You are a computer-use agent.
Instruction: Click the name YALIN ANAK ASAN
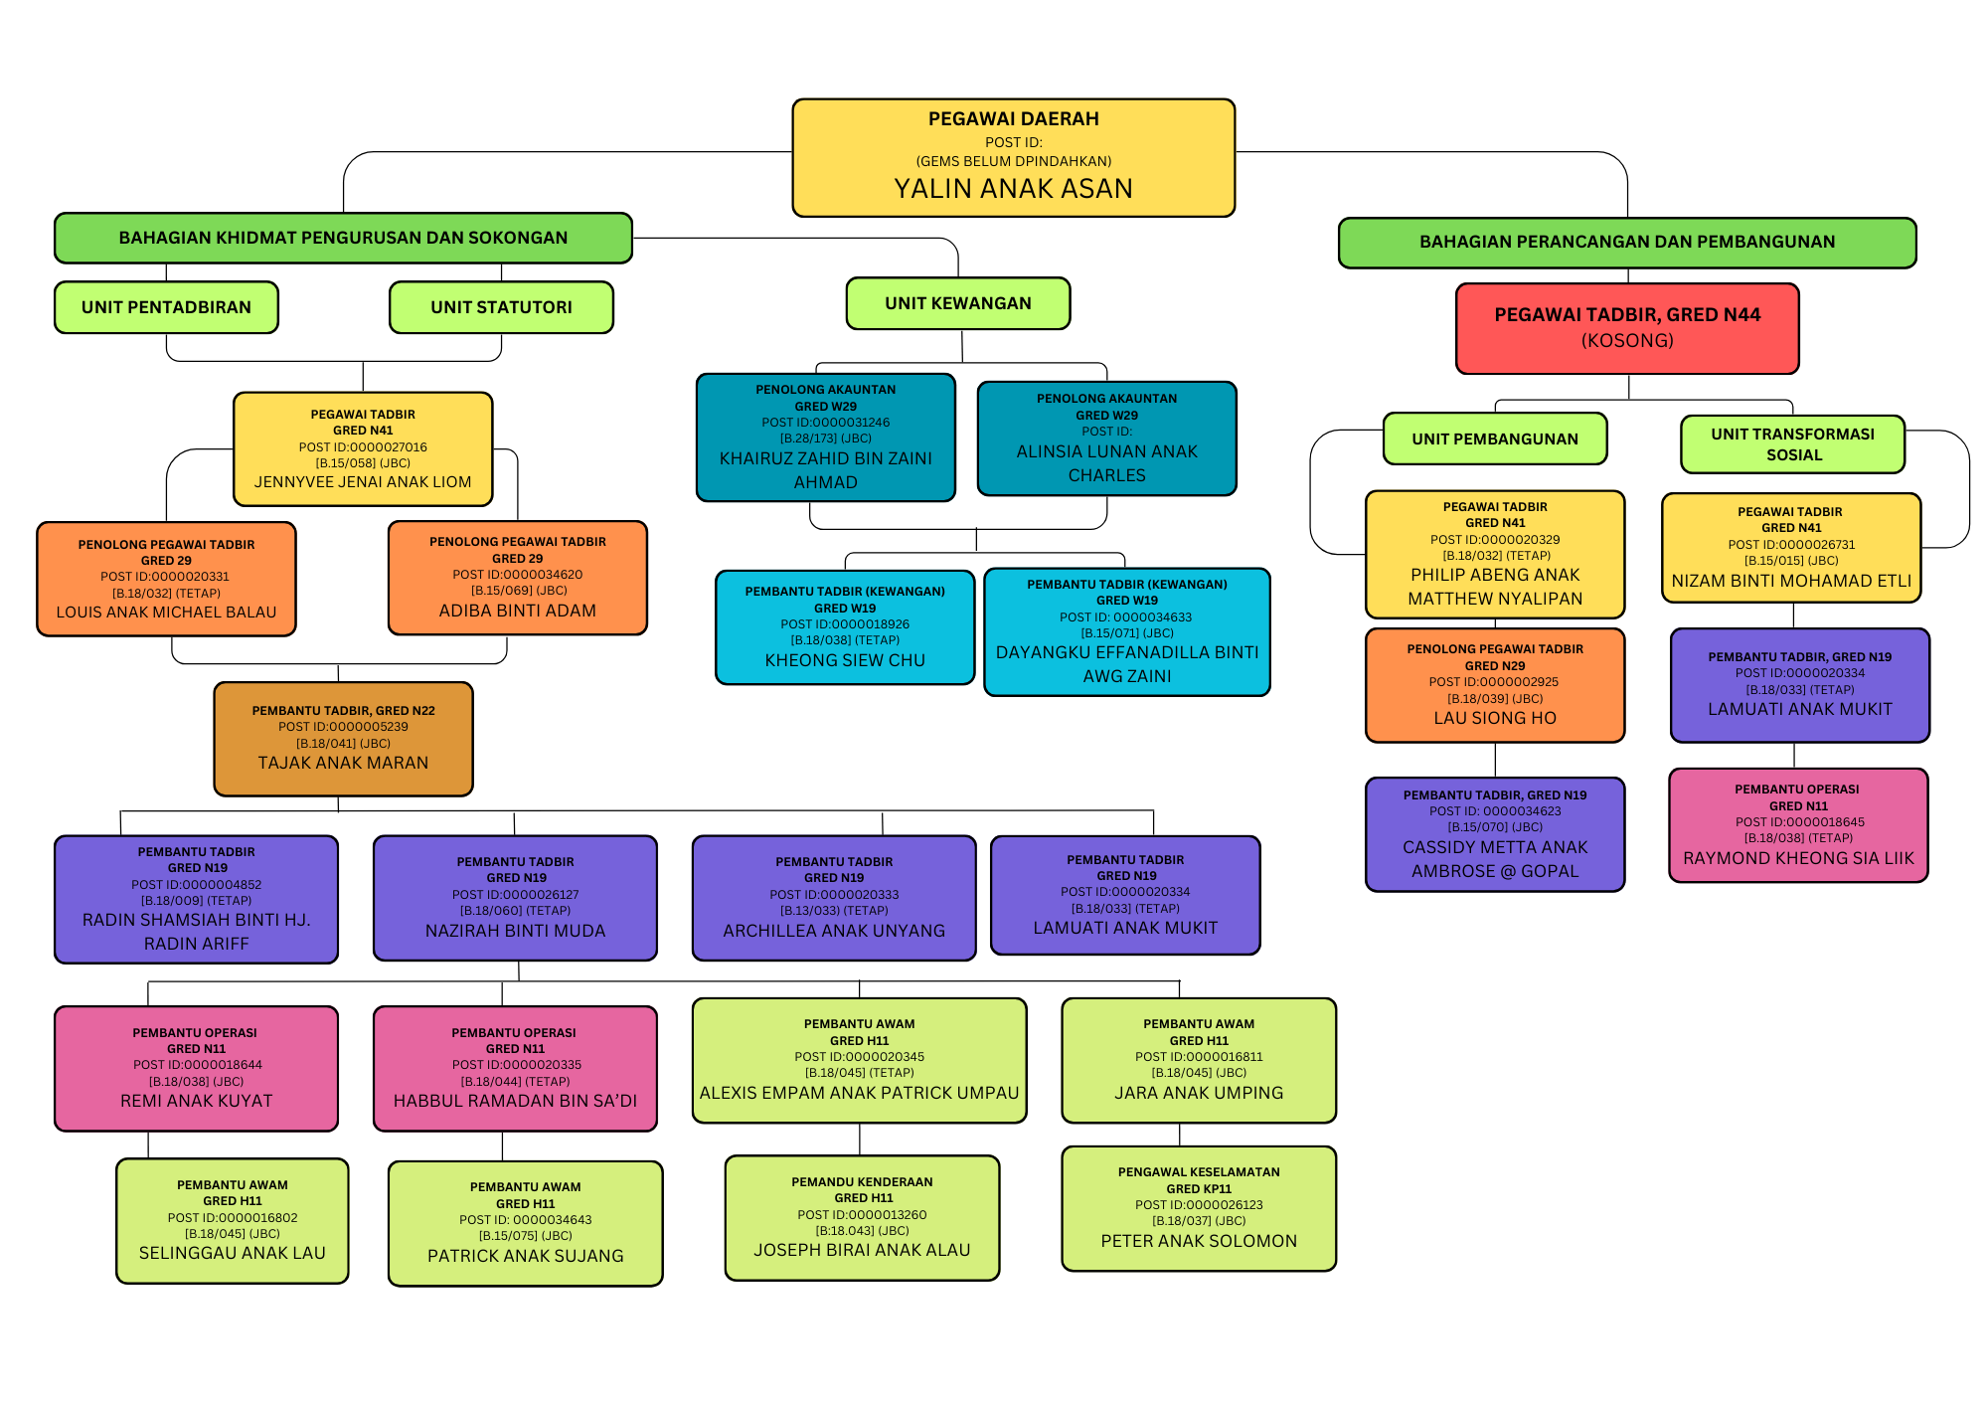1013,188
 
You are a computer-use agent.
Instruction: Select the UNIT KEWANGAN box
958,303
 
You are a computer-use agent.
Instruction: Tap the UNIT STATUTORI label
501,307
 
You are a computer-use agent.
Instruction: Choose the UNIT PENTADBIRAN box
166,307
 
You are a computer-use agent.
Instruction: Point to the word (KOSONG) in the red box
1627,341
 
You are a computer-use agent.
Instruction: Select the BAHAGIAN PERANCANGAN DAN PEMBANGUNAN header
1627,242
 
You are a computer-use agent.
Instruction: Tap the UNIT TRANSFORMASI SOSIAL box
1793,444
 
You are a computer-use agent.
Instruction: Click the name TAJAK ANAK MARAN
343,763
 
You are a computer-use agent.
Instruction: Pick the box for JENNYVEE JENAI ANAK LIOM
363,448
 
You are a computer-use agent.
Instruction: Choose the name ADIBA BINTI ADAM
518,611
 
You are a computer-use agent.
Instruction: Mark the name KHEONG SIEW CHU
845,660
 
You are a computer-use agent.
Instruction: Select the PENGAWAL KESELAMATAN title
1199,1172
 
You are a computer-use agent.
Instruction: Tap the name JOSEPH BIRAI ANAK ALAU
862,1250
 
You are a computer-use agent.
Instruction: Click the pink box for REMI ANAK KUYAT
196,1068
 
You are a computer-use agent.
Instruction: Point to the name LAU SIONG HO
1495,718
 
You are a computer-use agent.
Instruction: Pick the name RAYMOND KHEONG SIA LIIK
1798,858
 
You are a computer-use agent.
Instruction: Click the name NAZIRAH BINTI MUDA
515,931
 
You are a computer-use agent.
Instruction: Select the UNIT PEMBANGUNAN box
1495,439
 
